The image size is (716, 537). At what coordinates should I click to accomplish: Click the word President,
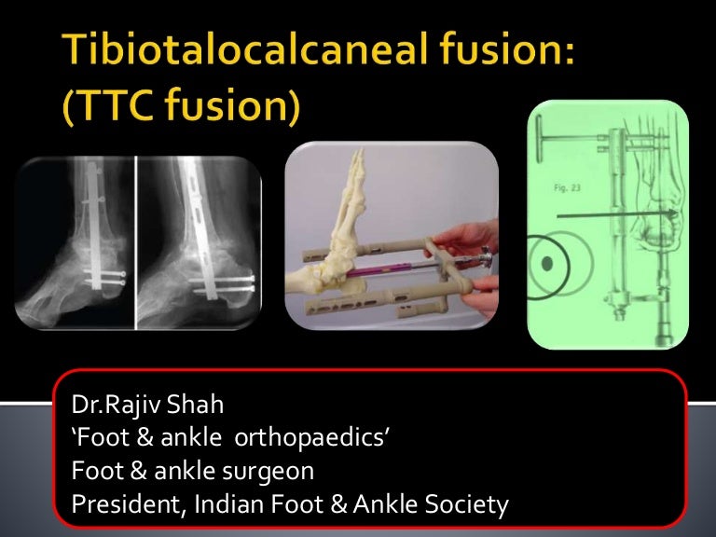121,505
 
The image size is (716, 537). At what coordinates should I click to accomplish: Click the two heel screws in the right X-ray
224,282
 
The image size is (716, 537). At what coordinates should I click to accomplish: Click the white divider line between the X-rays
136,242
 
